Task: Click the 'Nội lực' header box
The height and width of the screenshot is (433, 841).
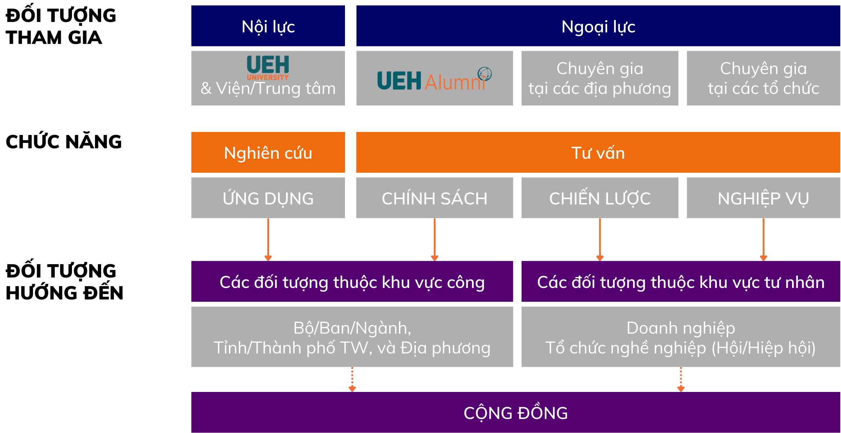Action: (268, 26)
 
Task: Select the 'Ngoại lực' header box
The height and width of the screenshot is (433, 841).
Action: (598, 26)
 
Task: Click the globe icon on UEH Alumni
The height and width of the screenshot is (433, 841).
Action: (485, 74)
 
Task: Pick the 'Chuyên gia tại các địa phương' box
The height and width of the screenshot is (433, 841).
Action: (600, 78)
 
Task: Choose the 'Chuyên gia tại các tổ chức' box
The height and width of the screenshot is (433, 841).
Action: (764, 78)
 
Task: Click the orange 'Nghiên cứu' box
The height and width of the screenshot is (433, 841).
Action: (268, 152)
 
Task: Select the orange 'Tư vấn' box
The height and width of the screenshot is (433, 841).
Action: (598, 152)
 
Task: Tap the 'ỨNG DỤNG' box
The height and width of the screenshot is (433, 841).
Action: (268, 198)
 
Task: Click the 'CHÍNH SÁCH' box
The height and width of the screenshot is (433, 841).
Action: (435, 198)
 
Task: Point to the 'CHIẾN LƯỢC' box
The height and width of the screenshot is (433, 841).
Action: (600, 198)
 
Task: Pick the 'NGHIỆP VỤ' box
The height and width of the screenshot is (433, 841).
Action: (764, 198)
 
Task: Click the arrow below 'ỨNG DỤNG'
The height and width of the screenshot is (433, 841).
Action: (268, 240)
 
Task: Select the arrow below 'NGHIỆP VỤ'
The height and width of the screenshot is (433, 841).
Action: (764, 240)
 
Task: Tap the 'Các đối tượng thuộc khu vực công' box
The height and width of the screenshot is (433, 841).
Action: (352, 281)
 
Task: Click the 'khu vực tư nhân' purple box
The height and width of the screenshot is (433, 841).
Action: (681, 281)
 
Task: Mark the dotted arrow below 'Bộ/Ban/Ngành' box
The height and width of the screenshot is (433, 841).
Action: (352, 379)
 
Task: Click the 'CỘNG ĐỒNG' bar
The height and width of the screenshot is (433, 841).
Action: (516, 412)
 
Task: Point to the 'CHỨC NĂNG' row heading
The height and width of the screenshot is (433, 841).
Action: (64, 141)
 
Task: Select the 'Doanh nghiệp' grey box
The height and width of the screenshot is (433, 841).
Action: (681, 337)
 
